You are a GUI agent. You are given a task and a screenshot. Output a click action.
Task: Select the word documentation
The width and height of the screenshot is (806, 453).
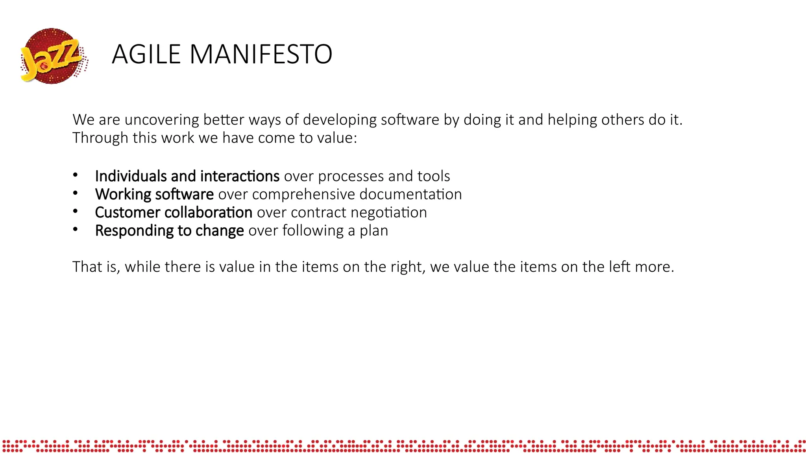410,194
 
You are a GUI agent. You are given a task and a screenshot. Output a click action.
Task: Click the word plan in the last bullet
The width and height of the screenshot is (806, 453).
374,230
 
